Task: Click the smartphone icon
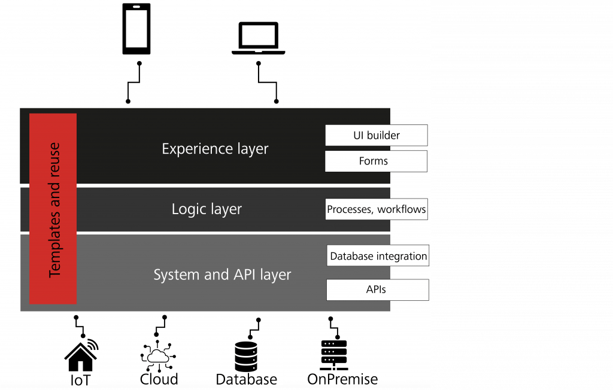(136, 29)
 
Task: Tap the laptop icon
(259, 38)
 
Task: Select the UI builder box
(377, 135)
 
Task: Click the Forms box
(376, 161)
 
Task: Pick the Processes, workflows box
(377, 209)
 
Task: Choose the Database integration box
(378, 255)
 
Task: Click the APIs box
(378, 290)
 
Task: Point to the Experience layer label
(215, 149)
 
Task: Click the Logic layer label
(207, 209)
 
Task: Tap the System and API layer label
(222, 275)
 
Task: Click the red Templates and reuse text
(54, 210)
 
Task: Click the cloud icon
(158, 356)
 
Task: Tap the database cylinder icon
(246, 357)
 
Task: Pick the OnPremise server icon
(334, 355)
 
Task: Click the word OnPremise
(342, 379)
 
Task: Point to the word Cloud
(159, 379)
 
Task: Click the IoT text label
(80, 380)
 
